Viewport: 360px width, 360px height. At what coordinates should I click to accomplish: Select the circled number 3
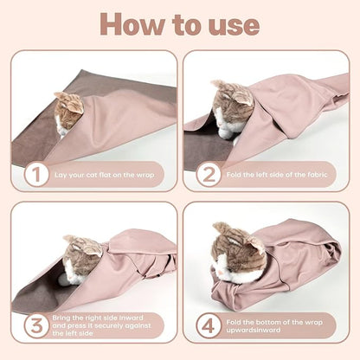35,327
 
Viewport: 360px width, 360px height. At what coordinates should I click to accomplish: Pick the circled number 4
207,327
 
